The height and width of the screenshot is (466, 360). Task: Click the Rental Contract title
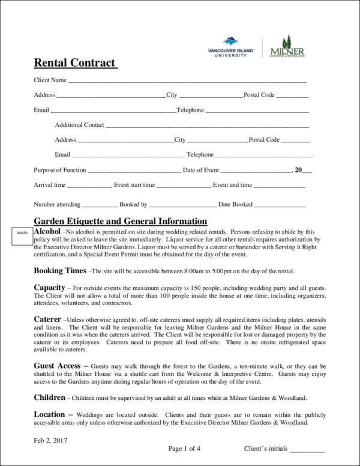(74, 62)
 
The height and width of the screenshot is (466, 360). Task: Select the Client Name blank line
(187, 80)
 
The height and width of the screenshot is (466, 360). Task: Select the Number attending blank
(96, 205)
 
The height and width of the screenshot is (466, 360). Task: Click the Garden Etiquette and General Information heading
(121, 220)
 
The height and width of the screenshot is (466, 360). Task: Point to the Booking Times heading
(60, 270)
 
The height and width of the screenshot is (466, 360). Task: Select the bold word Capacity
(49, 288)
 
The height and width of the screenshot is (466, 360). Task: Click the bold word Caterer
(47, 319)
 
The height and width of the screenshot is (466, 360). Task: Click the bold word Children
(49, 398)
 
